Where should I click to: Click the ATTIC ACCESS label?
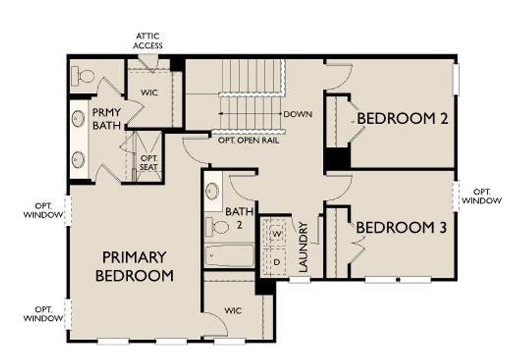coord(148,41)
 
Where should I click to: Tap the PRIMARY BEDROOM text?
coord(134,266)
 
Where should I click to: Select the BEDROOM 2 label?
coord(402,118)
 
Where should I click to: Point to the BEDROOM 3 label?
coord(402,228)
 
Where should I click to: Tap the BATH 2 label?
coord(234,218)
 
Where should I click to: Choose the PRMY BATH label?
coord(106,118)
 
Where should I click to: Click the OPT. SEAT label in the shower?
coord(148,161)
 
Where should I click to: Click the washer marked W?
coord(277,232)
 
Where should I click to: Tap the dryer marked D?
coord(277,262)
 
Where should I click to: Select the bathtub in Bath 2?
coord(229,256)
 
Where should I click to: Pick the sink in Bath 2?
coord(212,191)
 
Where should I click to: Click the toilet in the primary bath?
coord(83,76)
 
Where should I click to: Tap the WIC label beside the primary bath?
coord(148,93)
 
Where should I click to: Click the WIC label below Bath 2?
coord(233,310)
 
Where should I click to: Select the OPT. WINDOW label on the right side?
coord(482,196)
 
